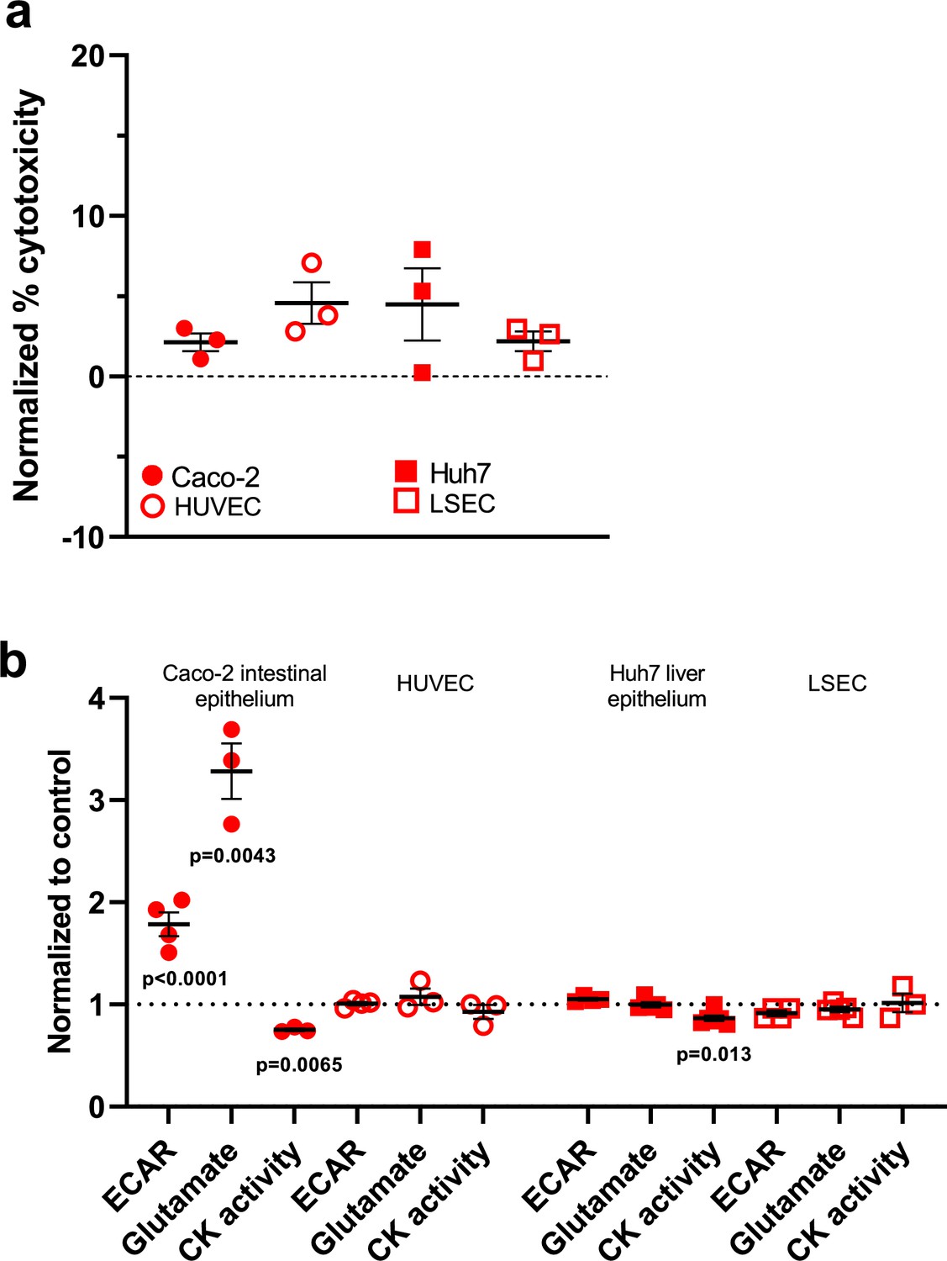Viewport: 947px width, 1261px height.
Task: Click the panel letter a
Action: [18, 15]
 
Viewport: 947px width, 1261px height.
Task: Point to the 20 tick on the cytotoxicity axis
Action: [87, 55]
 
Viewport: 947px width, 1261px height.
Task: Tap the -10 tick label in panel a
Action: [82, 537]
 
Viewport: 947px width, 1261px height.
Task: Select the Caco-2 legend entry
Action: [202, 477]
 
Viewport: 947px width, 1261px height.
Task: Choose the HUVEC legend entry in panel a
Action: [202, 507]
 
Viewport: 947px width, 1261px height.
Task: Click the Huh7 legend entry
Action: [444, 473]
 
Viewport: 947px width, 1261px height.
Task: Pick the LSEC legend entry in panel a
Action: [445, 504]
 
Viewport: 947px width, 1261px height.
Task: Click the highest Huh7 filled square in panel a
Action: [422, 250]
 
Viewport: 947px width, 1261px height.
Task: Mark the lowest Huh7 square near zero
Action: [422, 373]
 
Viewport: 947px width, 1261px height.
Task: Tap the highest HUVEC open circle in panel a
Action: [312, 262]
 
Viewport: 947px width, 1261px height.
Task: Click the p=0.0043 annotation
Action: [232, 856]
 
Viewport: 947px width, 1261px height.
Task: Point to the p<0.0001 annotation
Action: [185, 979]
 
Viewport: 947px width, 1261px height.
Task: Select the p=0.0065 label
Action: [299, 1065]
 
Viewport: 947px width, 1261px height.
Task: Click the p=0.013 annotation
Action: [713, 1054]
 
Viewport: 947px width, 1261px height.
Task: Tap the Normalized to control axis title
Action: [60, 901]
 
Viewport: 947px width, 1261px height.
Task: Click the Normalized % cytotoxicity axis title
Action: [27, 296]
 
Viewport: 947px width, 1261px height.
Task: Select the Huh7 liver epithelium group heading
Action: [657, 686]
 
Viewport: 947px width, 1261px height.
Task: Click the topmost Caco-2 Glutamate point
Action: [231, 729]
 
